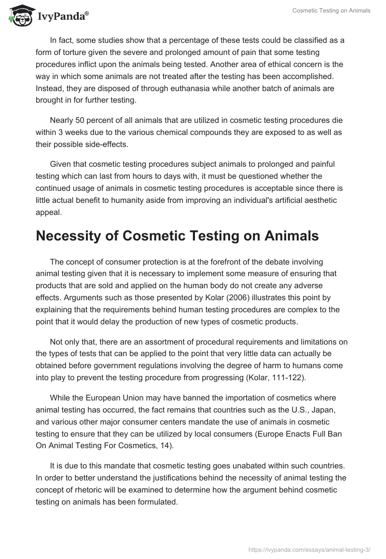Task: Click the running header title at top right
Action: pos(331,11)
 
